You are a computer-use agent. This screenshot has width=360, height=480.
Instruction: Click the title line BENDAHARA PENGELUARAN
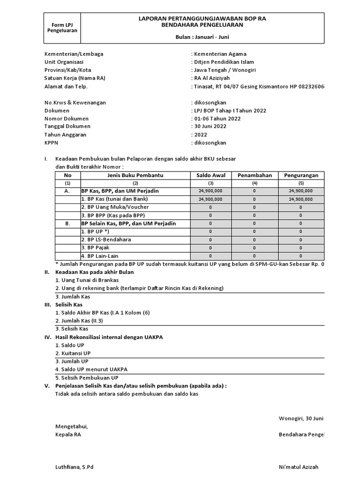[202, 25]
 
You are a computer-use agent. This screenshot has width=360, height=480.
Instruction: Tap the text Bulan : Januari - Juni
[202, 37]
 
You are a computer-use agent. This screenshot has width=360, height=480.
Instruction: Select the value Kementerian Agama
[220, 54]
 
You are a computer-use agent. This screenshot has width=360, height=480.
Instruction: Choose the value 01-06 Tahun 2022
[217, 119]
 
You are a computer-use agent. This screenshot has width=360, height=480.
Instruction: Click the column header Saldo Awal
[210, 175]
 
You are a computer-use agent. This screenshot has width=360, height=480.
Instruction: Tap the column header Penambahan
[255, 175]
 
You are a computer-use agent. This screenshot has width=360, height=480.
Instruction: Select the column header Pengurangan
[301, 175]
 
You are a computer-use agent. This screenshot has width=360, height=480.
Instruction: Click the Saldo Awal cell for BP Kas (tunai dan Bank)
[210, 199]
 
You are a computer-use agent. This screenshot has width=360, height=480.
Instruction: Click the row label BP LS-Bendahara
[105, 240]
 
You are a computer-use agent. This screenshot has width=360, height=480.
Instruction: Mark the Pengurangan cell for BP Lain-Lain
[301, 256]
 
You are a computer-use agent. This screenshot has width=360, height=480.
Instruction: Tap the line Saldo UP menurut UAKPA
[91, 369]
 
